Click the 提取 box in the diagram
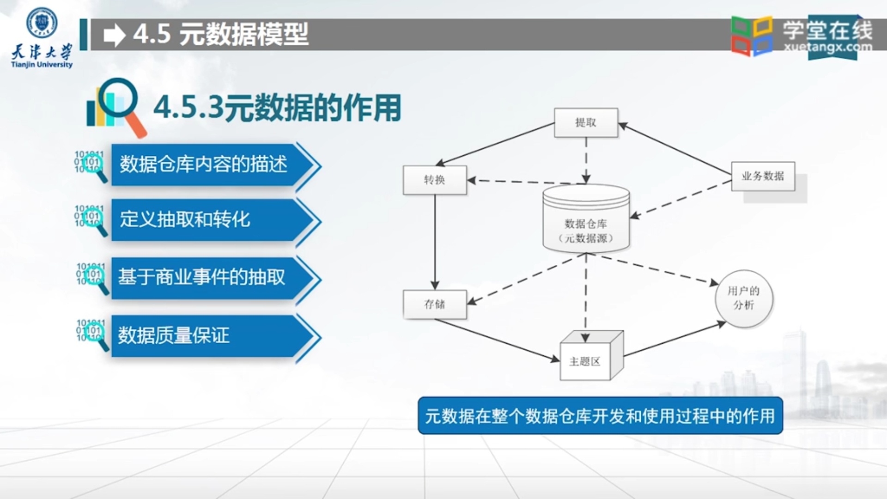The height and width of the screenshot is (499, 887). (586, 122)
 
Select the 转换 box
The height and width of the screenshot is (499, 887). (434, 180)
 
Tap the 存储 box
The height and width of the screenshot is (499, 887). (434, 304)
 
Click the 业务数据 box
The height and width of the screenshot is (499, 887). (763, 176)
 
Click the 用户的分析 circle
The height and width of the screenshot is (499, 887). (743, 298)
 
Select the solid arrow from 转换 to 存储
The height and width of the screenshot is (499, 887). (435, 240)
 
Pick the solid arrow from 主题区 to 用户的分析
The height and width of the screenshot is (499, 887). (674, 340)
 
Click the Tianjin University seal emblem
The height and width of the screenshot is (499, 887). (42, 22)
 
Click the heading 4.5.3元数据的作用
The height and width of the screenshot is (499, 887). (277, 108)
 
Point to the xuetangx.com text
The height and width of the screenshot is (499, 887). (828, 47)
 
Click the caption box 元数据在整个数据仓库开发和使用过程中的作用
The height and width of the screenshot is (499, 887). (600, 416)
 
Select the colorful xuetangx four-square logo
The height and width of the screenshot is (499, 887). (752, 36)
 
